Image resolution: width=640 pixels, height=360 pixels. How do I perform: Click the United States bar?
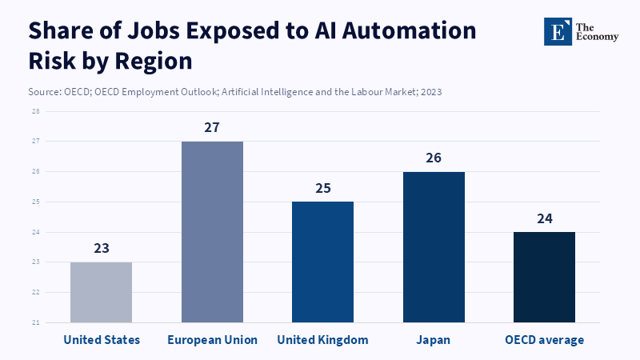coord(101,292)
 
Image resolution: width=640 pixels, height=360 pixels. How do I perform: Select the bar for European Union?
coord(212,232)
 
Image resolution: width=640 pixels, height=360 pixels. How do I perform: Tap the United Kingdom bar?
coord(322,262)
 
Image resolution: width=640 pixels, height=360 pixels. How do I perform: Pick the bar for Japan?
coord(434,247)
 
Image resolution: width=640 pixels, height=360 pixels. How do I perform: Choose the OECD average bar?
coord(544,277)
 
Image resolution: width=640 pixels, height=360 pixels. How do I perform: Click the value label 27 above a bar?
coord(212,128)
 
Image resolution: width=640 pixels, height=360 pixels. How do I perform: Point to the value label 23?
coord(101,248)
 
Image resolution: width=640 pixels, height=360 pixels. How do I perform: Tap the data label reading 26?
coord(434,158)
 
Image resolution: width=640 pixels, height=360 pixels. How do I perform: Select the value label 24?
coord(544,218)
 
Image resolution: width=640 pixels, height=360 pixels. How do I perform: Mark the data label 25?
coord(322,189)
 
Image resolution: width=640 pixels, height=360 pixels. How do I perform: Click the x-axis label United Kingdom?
coord(322,340)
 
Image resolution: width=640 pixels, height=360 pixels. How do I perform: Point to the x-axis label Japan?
coord(434,340)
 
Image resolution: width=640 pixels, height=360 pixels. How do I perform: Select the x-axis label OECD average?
coord(544,340)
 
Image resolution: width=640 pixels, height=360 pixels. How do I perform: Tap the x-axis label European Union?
coord(212,340)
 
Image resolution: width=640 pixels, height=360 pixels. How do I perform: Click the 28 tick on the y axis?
coord(36,111)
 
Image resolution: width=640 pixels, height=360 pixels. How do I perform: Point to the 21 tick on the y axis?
coord(36,322)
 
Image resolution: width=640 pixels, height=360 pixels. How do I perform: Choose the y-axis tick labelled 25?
coord(36,202)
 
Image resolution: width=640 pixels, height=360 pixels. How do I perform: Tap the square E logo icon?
coord(557,31)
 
